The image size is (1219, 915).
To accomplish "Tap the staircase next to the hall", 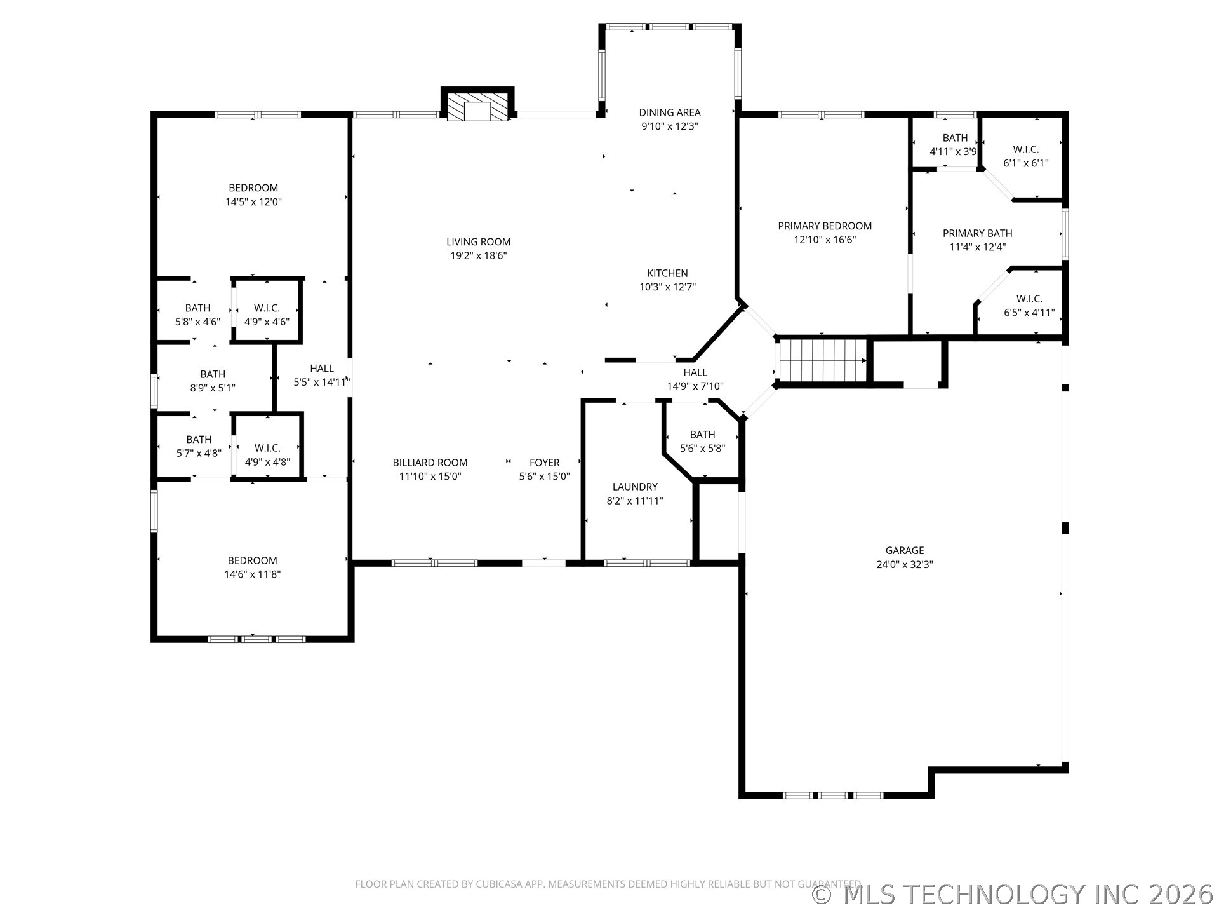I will (x=822, y=360).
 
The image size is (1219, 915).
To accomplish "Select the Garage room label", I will (x=905, y=550).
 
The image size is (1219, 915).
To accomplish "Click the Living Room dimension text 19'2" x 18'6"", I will (x=478, y=256).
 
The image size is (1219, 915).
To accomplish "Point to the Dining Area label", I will (x=669, y=112).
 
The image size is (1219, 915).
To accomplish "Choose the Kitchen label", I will (x=667, y=273).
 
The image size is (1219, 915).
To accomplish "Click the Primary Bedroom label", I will (x=825, y=226).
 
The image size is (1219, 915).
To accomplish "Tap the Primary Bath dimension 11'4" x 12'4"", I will (x=977, y=247).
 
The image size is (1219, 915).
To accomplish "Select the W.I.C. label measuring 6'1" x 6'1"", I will (x=1025, y=149).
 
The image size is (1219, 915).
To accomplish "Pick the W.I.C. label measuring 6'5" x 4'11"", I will (x=1029, y=299).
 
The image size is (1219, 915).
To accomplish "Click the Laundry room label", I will (x=635, y=487).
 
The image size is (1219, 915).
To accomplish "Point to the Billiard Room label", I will (x=430, y=463).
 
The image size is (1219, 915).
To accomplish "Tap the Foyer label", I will (x=544, y=463).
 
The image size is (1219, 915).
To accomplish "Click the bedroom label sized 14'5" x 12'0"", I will (x=253, y=187).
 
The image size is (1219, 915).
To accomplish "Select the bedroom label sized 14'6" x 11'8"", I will (x=252, y=560).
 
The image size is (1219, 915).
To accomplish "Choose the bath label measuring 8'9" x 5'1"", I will (x=213, y=374).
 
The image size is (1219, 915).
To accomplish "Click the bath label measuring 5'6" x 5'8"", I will (x=702, y=435).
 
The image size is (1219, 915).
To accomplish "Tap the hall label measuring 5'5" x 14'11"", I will (x=322, y=369).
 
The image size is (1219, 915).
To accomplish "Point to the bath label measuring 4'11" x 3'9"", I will (x=954, y=138).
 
